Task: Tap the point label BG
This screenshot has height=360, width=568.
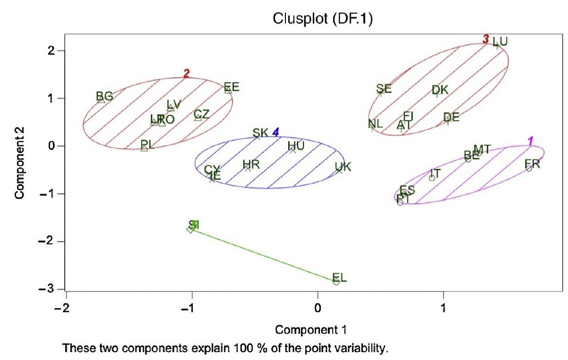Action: pos(104,96)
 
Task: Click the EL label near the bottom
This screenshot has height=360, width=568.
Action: pos(339,277)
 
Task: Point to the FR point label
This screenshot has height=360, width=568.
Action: pos(532,164)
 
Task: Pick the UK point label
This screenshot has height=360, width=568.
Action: pos(343,167)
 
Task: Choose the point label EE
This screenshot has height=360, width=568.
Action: pos(232,87)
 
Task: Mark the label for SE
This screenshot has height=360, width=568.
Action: pos(384,88)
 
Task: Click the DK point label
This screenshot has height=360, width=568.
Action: pos(440,90)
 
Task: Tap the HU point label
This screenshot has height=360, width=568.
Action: pos(296,146)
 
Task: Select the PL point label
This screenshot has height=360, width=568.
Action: pos(148,144)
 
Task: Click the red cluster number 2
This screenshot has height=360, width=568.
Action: pos(186,73)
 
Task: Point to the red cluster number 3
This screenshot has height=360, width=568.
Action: pos(485,39)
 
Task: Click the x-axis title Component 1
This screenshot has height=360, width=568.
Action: pos(313,329)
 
